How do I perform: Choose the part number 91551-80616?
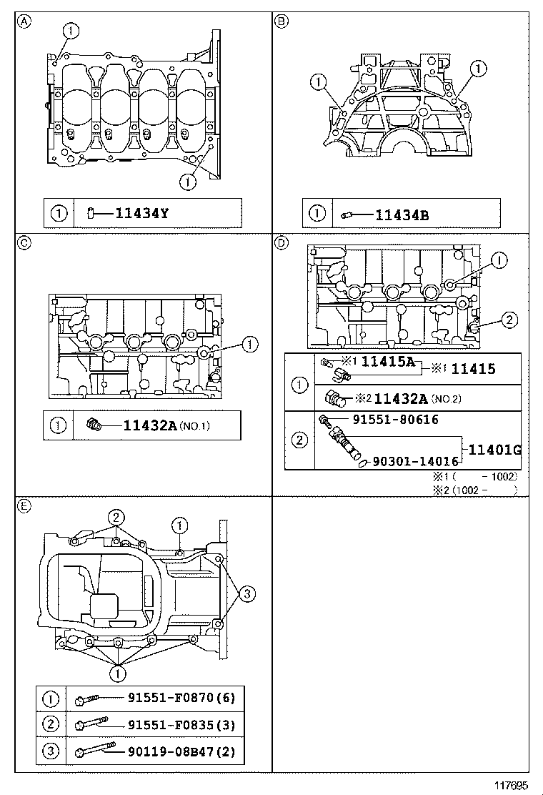pos(394,420)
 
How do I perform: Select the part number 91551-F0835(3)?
pos(181,724)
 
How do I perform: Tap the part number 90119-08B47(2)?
pos(181,751)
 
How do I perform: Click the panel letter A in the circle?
pos(24,21)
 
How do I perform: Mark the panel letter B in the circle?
pos(282,21)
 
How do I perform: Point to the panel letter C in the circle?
pos(24,242)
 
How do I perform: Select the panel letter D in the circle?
pos(282,242)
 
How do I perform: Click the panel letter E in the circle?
pos(24,505)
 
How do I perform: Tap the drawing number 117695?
pos(510,785)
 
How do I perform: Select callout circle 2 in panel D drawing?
pos(507,320)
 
